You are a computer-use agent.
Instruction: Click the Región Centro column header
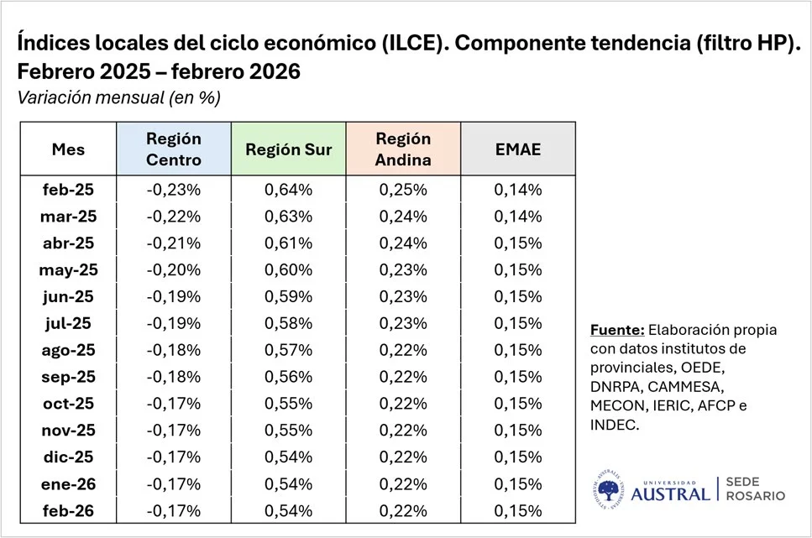[x=174, y=149]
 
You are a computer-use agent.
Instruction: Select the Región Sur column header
[x=289, y=149]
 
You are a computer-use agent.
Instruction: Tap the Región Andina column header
[x=403, y=149]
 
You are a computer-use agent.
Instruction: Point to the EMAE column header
[x=518, y=149]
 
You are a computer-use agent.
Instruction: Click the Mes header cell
[x=68, y=149]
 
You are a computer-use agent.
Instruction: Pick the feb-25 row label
[x=68, y=190]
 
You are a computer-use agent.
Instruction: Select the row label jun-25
[x=68, y=297]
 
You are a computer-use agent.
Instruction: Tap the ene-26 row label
[x=68, y=484]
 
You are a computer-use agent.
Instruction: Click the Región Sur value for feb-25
[x=289, y=190]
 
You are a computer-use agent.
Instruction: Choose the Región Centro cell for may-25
[x=174, y=269]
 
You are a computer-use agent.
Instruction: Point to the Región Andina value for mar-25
[x=403, y=217]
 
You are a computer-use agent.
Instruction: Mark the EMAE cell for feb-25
[x=518, y=190]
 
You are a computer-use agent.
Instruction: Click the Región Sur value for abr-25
[x=289, y=243]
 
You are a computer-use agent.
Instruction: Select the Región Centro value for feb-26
[x=174, y=511]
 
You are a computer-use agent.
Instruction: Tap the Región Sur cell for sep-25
[x=289, y=377]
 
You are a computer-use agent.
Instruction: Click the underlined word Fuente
[x=617, y=330]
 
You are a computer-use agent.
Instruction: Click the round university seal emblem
[x=609, y=489]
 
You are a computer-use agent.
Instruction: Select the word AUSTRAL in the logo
[x=670, y=494]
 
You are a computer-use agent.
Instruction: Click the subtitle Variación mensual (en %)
[x=118, y=97]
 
